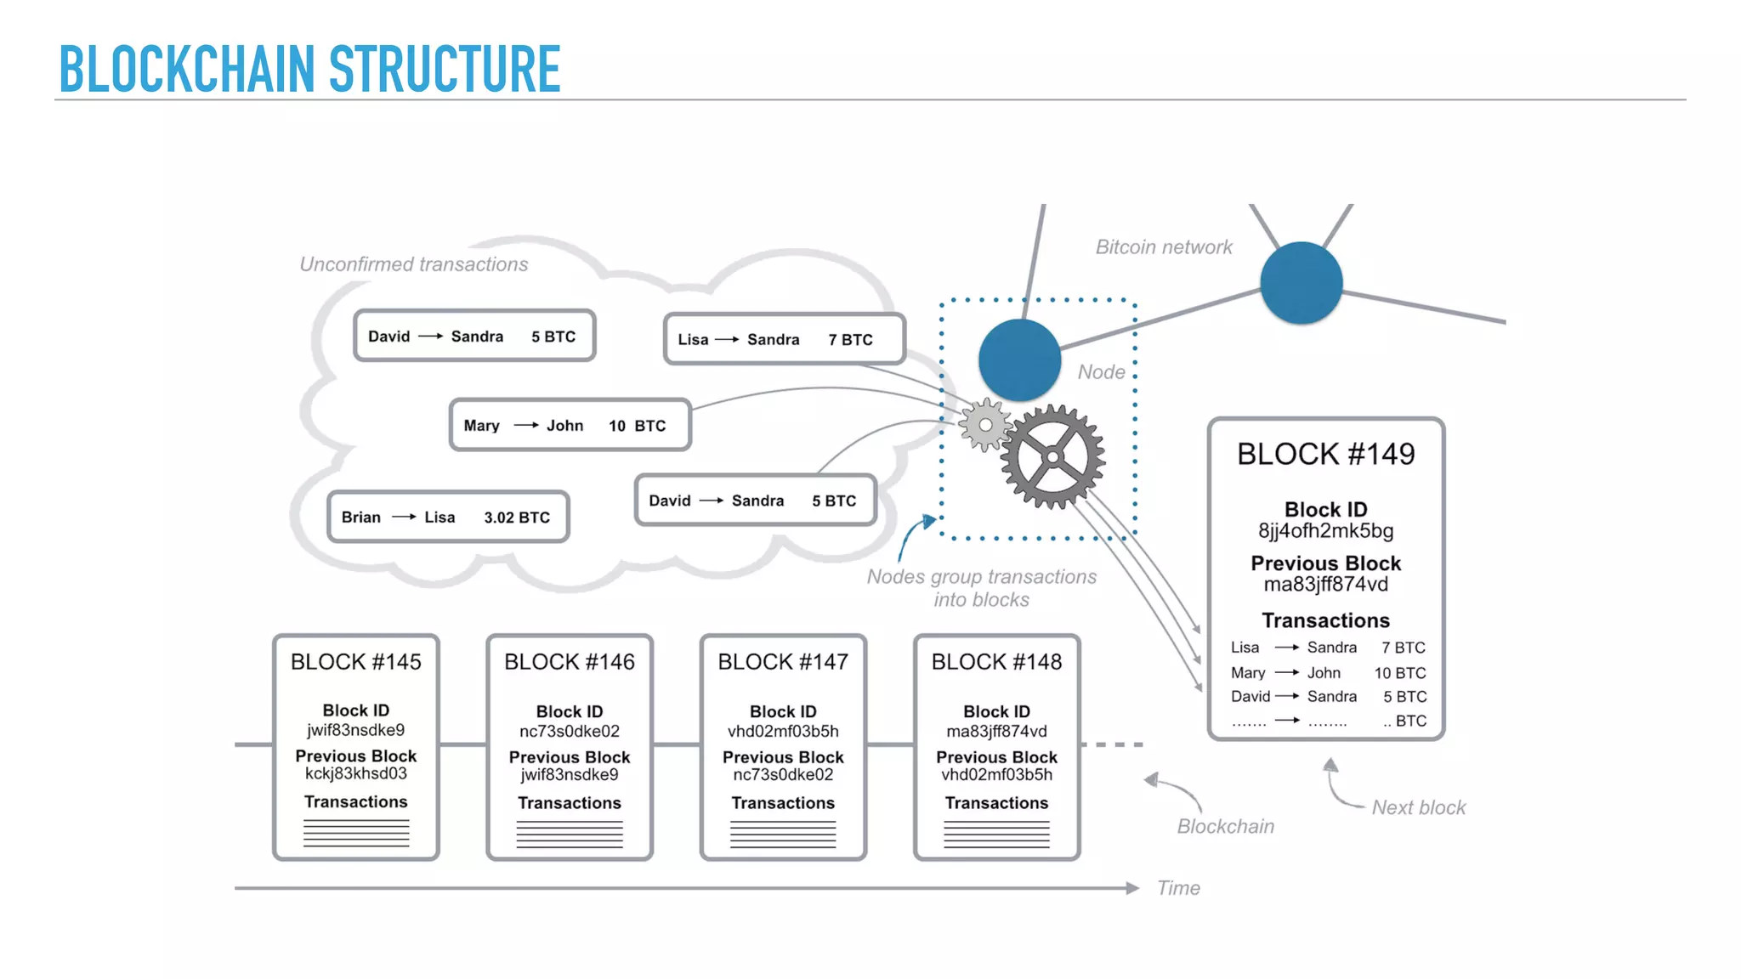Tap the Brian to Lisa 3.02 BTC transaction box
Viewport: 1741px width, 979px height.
448,517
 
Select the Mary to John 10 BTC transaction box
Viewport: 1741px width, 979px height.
570,425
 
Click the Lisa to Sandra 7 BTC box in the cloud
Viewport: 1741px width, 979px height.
784,339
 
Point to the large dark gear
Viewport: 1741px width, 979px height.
1052,457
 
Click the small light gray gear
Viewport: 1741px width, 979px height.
985,424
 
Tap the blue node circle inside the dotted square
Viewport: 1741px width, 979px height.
1019,360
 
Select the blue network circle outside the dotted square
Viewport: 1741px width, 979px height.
1301,283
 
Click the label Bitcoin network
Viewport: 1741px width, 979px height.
1163,247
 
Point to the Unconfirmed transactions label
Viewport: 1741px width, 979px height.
413,264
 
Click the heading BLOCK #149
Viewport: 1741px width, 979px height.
1325,454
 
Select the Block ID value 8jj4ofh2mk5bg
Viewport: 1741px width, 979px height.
1325,531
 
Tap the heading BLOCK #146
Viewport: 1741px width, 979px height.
569,662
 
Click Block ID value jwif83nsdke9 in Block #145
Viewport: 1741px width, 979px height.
355,730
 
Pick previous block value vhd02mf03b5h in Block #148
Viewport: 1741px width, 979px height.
996,775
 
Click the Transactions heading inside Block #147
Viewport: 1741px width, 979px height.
783,803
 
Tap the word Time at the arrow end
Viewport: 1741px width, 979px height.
1178,888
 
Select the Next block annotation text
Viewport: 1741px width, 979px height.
1418,807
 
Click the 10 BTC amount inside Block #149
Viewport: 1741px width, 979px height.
1399,673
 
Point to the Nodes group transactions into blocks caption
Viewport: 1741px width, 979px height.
981,588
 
